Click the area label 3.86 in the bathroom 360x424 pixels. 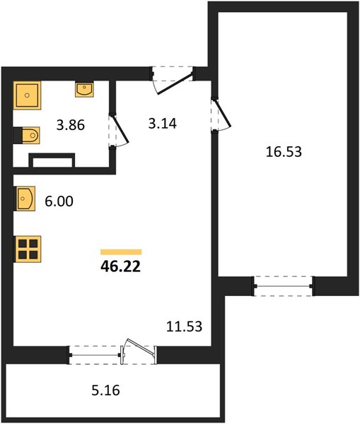[71, 125]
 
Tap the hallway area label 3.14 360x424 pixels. [163, 124]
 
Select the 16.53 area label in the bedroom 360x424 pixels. [284, 152]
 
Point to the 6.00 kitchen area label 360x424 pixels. [59, 201]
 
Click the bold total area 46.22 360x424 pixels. [121, 266]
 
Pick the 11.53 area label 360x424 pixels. [184, 326]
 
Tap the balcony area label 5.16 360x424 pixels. [105, 391]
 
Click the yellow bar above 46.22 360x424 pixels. [121, 252]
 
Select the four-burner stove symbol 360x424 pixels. [28, 249]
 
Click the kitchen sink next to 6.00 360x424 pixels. [25, 199]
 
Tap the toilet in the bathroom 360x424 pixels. [27, 135]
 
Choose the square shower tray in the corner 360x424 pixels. [27, 95]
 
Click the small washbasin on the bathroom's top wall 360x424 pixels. [84, 89]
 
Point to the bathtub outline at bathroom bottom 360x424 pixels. [52, 160]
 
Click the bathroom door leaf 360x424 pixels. [120, 129]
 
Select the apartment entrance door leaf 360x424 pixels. [175, 84]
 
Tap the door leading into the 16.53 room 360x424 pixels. [223, 113]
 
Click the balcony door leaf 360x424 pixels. [139, 347]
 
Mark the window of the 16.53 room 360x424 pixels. [284, 286]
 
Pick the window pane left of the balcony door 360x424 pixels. [95, 355]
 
